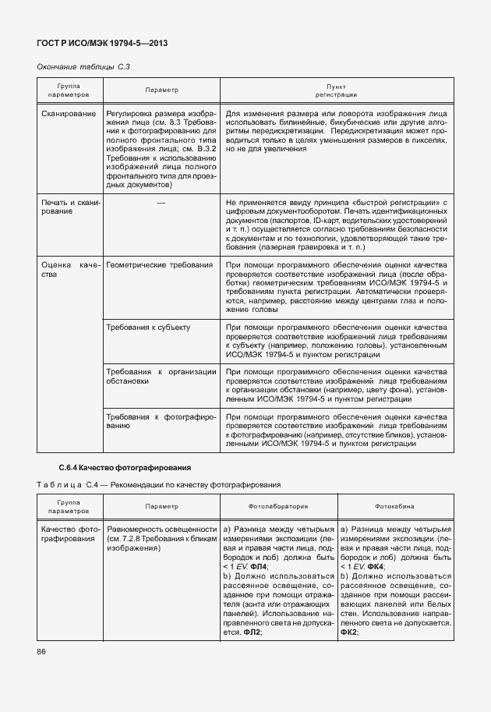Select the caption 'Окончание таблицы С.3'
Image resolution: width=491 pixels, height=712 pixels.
pyautogui.click(x=83, y=68)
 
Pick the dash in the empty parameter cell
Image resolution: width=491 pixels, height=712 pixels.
pyautogui.click(x=161, y=203)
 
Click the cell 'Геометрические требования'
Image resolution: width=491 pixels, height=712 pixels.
pyautogui.click(x=159, y=265)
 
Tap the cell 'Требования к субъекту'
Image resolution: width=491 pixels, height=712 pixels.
pyautogui.click(x=148, y=328)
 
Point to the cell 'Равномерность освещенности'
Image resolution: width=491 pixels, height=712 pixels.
pyautogui.click(x=161, y=529)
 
